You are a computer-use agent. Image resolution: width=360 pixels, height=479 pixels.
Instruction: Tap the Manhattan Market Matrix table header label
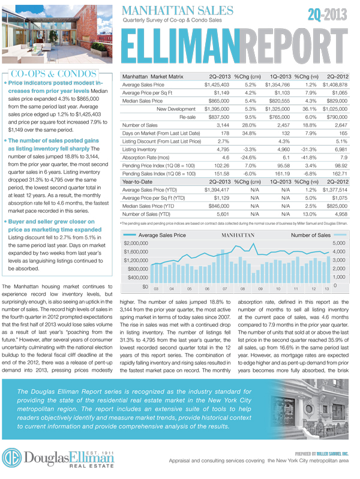click(x=159, y=77)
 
